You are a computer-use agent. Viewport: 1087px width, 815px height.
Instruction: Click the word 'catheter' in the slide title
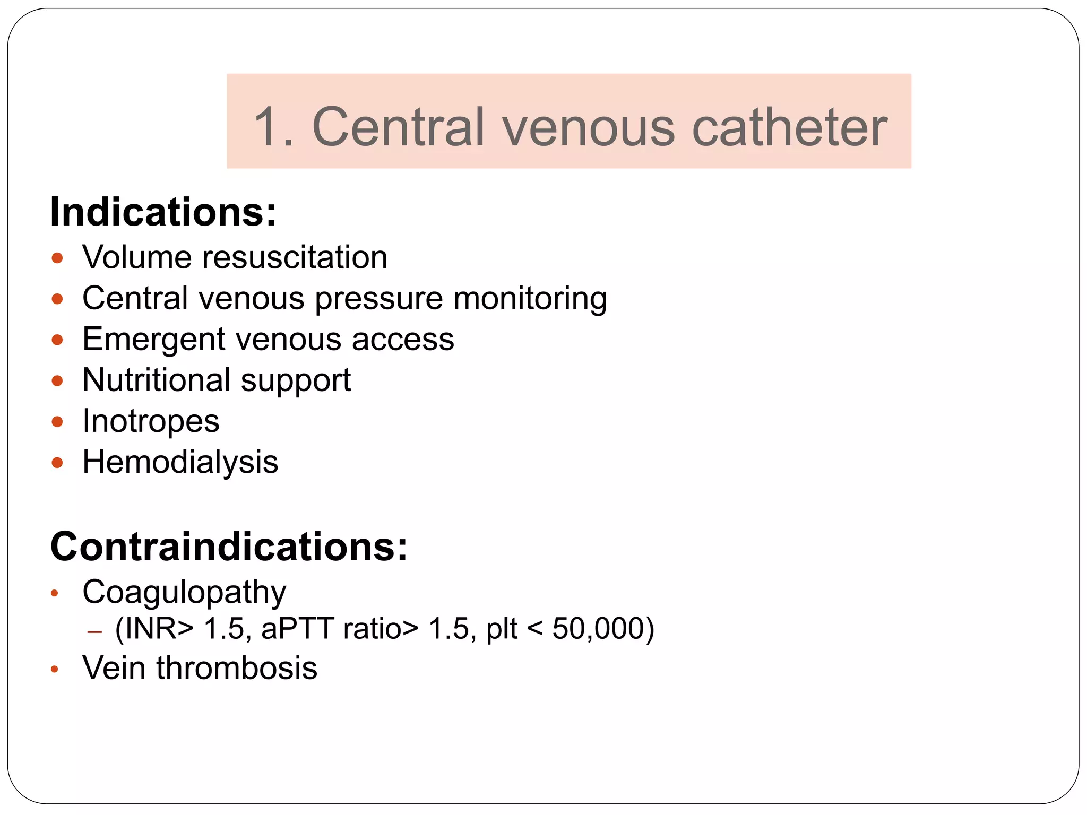coord(789,127)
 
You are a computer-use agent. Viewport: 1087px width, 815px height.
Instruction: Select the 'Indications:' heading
coord(163,212)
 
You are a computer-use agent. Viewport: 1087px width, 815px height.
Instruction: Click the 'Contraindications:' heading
coord(229,547)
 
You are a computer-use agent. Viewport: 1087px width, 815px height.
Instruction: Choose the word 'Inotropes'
coord(151,421)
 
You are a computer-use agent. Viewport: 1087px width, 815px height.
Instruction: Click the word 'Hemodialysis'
coord(180,462)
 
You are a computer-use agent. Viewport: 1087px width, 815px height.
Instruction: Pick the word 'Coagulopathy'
coord(184,592)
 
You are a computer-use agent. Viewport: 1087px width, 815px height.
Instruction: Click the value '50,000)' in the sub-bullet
coord(603,629)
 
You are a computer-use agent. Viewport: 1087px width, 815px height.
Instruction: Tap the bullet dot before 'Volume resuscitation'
coord(57,258)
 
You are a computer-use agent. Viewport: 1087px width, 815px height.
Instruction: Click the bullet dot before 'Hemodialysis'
coord(57,463)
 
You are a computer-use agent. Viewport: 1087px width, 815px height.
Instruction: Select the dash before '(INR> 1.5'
coord(94,632)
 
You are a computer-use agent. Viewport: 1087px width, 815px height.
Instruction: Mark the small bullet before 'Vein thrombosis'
coord(54,670)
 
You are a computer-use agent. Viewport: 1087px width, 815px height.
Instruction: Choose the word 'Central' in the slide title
coord(399,127)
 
